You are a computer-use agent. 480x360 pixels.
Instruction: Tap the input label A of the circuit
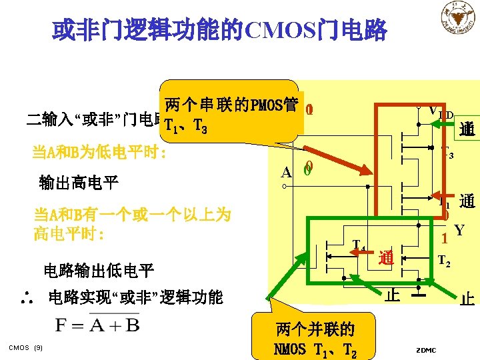[286, 172]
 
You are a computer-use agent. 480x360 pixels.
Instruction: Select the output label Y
[459, 231]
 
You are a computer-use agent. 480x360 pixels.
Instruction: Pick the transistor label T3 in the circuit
[446, 154]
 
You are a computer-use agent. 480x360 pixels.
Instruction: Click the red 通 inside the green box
[385, 258]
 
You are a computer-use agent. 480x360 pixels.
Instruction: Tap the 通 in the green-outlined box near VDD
[466, 129]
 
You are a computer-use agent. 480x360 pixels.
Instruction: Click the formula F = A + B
[98, 325]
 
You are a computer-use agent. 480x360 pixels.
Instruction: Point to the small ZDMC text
[426, 350]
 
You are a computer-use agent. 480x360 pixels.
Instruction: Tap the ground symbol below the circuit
[418, 294]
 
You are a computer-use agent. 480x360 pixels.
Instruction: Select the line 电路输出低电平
[99, 270]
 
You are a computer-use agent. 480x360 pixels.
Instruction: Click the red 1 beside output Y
[444, 237]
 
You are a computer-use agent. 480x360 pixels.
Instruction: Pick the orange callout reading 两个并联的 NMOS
[315, 338]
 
